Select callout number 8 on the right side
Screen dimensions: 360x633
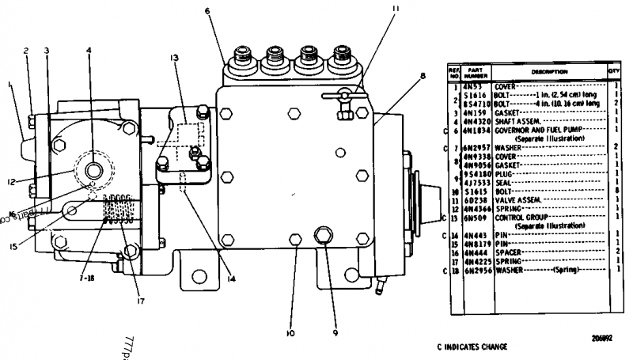(x=423, y=76)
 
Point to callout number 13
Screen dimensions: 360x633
(x=172, y=58)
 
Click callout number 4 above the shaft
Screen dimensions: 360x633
(x=89, y=49)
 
